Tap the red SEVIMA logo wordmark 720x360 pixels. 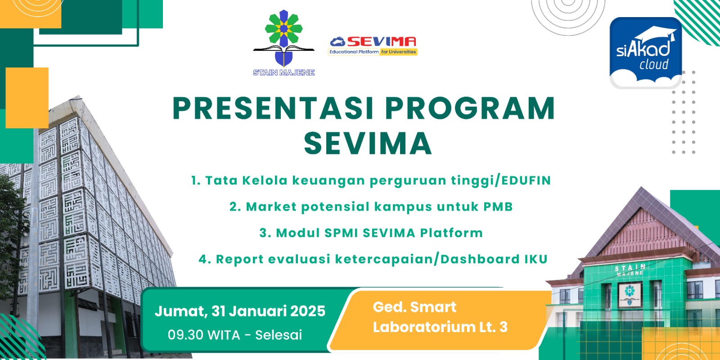coord(382,41)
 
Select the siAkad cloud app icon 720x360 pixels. coord(645,53)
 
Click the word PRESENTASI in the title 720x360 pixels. coord(273,108)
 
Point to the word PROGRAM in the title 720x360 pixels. coord(470,108)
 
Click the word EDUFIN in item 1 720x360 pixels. coord(526,180)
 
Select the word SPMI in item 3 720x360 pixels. coord(341,233)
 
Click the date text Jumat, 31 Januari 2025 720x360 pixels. coord(240,311)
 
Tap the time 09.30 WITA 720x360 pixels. coord(204,335)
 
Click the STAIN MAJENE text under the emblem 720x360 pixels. coord(283,72)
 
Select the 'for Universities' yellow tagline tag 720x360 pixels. coord(399,52)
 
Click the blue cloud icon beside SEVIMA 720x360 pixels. coord(337,41)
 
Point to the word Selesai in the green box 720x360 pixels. coord(279,335)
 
